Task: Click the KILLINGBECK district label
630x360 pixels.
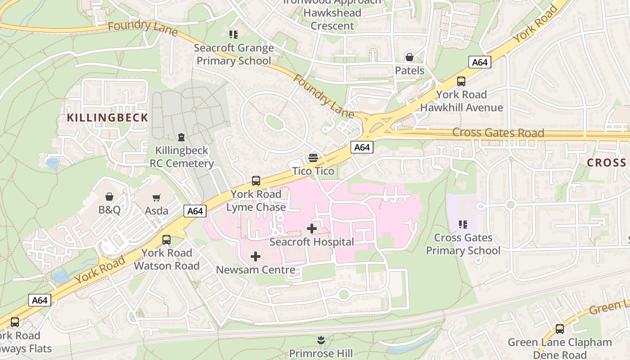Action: pyautogui.click(x=108, y=118)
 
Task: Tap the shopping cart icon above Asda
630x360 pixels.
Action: pyautogui.click(x=157, y=198)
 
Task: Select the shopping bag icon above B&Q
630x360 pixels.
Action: pyautogui.click(x=109, y=197)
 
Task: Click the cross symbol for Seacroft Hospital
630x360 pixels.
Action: pyautogui.click(x=311, y=229)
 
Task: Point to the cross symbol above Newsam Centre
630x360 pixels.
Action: pyautogui.click(x=256, y=256)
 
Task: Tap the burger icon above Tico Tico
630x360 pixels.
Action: pyautogui.click(x=313, y=158)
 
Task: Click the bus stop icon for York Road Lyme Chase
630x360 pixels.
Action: pyautogui.click(x=256, y=181)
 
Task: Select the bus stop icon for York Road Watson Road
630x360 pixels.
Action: pyautogui.click(x=166, y=239)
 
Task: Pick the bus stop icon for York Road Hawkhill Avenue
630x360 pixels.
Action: pyautogui.click(x=461, y=81)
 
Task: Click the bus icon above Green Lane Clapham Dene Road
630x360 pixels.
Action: pyautogui.click(x=560, y=329)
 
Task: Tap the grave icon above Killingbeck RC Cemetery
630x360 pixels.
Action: pyautogui.click(x=181, y=137)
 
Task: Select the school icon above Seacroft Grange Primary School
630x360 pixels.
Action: pyautogui.click(x=234, y=35)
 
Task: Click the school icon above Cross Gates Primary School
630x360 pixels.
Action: pyautogui.click(x=463, y=224)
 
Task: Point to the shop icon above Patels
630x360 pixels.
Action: pyautogui.click(x=409, y=57)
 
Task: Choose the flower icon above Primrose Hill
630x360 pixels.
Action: pyautogui.click(x=321, y=340)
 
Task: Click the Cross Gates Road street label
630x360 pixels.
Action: pyautogui.click(x=498, y=133)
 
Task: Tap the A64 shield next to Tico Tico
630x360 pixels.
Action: pyautogui.click(x=362, y=147)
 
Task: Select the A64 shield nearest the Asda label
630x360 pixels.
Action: pyautogui.click(x=195, y=211)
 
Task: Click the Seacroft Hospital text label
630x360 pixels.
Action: pyautogui.click(x=311, y=242)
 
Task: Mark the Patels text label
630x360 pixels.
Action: pyautogui.click(x=409, y=71)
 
